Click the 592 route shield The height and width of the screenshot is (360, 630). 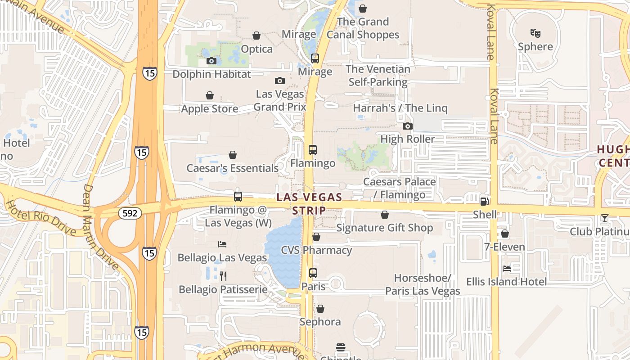pyautogui.click(x=130, y=213)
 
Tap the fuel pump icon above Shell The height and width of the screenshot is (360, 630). pyautogui.click(x=484, y=202)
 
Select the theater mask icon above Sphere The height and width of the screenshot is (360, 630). pyautogui.click(x=535, y=33)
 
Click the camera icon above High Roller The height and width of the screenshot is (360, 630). pyautogui.click(x=408, y=126)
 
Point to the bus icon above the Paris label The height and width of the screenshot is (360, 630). pyautogui.click(x=313, y=273)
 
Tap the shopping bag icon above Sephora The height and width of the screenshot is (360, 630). pyautogui.click(x=320, y=309)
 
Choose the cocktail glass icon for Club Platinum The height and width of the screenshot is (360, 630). pyautogui.click(x=604, y=218)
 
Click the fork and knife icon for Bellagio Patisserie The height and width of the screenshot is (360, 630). pyautogui.click(x=223, y=276)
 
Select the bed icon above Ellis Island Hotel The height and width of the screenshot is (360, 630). pyautogui.click(x=507, y=269)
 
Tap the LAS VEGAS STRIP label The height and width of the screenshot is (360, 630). pyautogui.click(x=309, y=203)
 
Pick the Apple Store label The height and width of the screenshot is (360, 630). pyautogui.click(x=210, y=108)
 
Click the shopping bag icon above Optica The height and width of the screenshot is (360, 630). pyautogui.click(x=256, y=36)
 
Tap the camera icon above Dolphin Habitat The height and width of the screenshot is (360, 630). pyautogui.click(x=211, y=61)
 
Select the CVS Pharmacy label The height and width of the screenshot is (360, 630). pyautogui.click(x=316, y=250)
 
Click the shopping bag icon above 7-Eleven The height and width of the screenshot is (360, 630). pyautogui.click(x=505, y=234)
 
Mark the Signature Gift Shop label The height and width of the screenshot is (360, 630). pyautogui.click(x=385, y=228)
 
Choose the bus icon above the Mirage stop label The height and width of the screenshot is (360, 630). pyautogui.click(x=315, y=58)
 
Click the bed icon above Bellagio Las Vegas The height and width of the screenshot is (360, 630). pyautogui.click(x=222, y=244)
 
